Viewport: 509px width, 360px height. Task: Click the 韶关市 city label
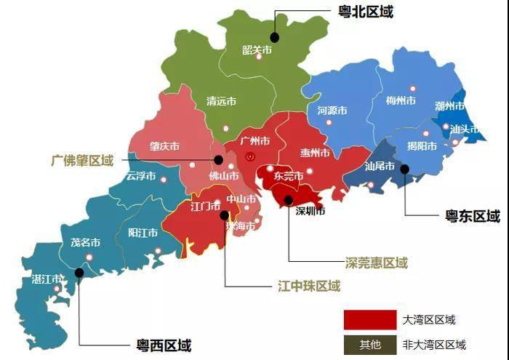click(x=257, y=50)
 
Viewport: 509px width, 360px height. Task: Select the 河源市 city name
click(x=332, y=111)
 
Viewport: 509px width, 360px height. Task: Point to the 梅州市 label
click(x=401, y=100)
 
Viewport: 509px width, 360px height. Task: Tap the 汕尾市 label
click(x=380, y=167)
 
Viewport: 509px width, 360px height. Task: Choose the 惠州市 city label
click(x=315, y=153)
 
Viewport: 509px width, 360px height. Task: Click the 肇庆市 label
click(x=164, y=146)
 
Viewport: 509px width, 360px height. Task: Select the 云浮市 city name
click(x=140, y=176)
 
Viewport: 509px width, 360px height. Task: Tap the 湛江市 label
click(x=46, y=279)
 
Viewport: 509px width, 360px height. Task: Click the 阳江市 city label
click(x=143, y=233)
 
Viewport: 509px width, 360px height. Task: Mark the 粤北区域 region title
click(x=366, y=12)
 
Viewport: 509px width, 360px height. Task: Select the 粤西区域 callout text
click(x=164, y=345)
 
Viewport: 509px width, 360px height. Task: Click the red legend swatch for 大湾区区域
click(x=369, y=319)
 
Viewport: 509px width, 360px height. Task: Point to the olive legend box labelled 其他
click(x=369, y=344)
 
